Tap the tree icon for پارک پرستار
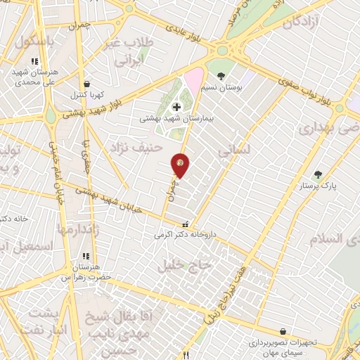click(319, 174)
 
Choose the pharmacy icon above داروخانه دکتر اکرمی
click(185, 224)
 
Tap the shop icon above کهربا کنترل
click(86, 83)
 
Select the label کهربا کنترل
click(87, 94)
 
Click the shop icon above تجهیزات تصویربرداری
click(283, 331)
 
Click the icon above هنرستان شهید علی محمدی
click(34, 61)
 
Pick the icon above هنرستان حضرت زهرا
click(86, 256)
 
